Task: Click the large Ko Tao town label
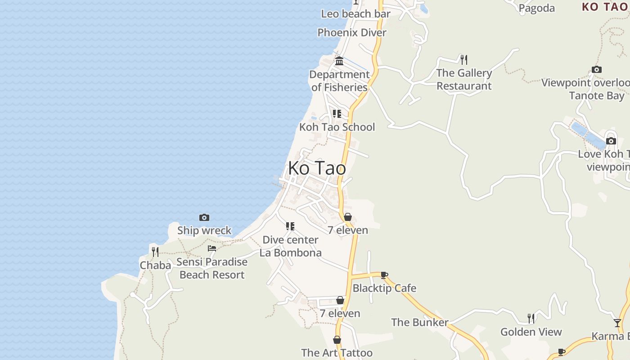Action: click(x=317, y=168)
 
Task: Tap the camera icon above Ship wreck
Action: click(x=204, y=218)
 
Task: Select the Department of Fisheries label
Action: click(x=339, y=81)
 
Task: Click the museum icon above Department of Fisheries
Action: click(x=339, y=61)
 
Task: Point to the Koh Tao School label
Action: click(x=337, y=127)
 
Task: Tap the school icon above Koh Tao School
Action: click(x=337, y=114)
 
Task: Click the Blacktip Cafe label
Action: click(x=384, y=288)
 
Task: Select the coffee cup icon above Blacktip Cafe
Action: click(x=384, y=275)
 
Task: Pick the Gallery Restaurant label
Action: click(x=464, y=79)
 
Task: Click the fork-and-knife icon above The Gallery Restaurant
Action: click(x=464, y=59)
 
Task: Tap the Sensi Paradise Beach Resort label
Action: click(x=212, y=268)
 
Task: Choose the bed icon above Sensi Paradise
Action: click(x=212, y=248)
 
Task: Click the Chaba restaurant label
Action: click(x=155, y=265)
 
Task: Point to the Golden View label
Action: click(x=531, y=332)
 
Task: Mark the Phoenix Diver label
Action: click(x=352, y=32)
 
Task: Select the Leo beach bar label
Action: click(x=355, y=14)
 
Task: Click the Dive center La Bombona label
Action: click(x=290, y=246)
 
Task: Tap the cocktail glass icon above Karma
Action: click(x=617, y=323)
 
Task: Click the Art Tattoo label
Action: click(x=337, y=353)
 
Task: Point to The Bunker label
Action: click(x=420, y=322)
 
